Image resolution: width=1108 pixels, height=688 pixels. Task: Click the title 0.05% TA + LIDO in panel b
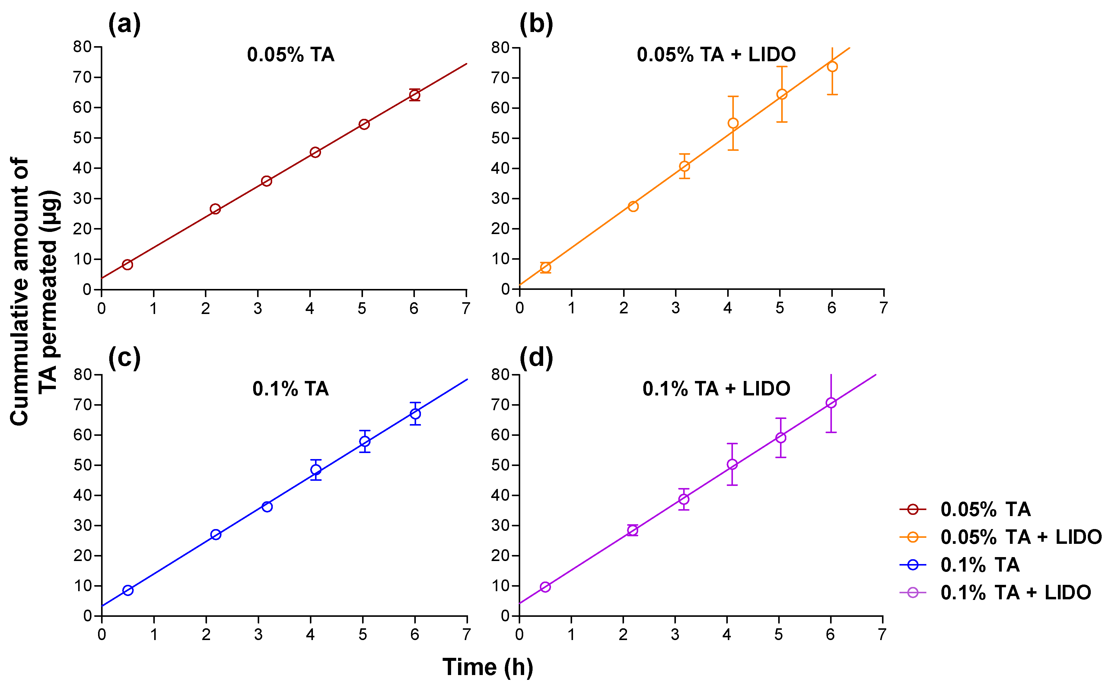(716, 55)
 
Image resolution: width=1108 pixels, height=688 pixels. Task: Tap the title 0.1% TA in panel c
(291, 389)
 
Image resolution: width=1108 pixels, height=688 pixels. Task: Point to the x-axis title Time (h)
(488, 667)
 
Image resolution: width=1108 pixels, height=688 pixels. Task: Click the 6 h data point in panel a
(414, 95)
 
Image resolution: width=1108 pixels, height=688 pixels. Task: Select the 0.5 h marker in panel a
(127, 264)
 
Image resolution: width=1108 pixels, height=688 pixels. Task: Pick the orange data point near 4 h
(733, 123)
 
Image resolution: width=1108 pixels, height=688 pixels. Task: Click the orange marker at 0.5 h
(545, 268)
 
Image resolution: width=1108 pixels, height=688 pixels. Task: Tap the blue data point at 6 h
(415, 414)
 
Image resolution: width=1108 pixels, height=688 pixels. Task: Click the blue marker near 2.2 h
(216, 535)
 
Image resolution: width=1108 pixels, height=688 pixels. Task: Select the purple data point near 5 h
(781, 438)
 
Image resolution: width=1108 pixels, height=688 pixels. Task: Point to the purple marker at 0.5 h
(545, 587)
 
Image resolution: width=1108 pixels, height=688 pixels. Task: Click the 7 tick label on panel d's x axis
(882, 635)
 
